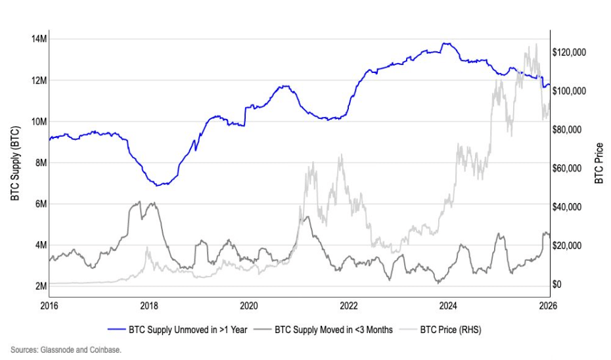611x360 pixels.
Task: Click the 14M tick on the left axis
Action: (x=39, y=39)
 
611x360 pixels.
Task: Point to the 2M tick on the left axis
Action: (x=40, y=286)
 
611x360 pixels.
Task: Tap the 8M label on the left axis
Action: (x=40, y=162)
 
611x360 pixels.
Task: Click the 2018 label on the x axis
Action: (x=149, y=305)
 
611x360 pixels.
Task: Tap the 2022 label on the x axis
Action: (x=348, y=305)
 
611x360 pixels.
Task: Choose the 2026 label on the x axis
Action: (x=547, y=305)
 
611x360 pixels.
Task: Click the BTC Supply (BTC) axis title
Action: (x=14, y=163)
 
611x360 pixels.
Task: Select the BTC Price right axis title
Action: (x=599, y=163)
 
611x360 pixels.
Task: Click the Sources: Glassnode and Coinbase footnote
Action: (x=66, y=349)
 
